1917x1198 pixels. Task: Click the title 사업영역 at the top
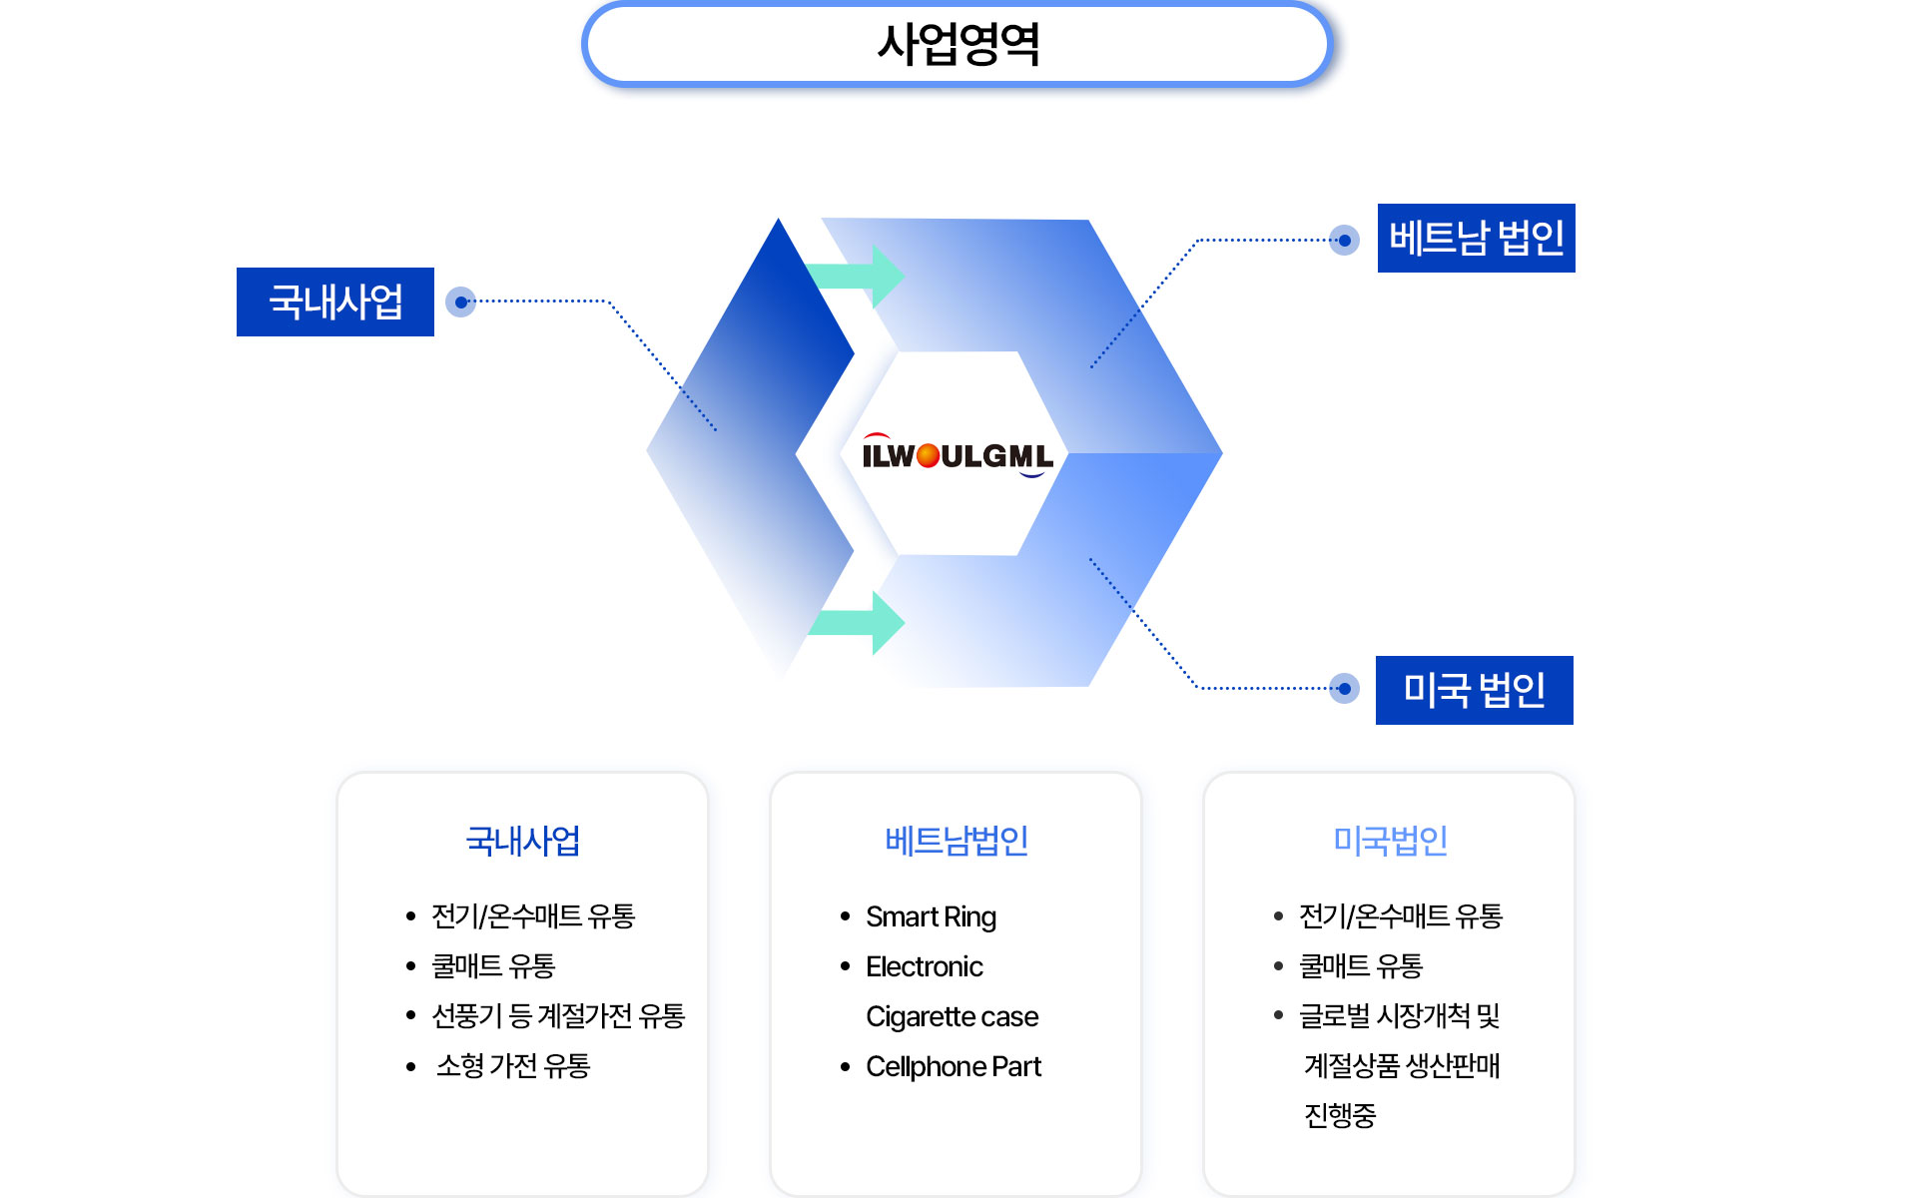click(x=958, y=45)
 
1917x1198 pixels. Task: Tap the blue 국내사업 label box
click(x=335, y=301)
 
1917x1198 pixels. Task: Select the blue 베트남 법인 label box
click(x=1476, y=239)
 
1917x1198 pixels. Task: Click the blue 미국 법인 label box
click(x=1474, y=690)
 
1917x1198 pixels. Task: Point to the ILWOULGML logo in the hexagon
click(x=957, y=456)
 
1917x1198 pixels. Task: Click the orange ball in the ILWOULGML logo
click(x=928, y=456)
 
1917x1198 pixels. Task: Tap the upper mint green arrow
click(x=859, y=276)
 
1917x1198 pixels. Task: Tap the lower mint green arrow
click(x=859, y=622)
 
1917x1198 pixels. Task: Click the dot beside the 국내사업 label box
click(x=460, y=301)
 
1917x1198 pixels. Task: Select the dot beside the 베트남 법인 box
click(x=1345, y=240)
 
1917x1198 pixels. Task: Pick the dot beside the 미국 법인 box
click(x=1345, y=689)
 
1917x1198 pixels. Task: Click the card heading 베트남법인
click(x=957, y=841)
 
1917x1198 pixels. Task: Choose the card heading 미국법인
click(x=1390, y=841)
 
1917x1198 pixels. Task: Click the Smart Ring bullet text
click(x=931, y=916)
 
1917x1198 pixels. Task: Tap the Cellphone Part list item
click(x=953, y=1066)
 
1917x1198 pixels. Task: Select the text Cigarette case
click(x=952, y=1016)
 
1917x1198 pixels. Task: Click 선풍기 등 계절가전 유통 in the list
click(x=557, y=1016)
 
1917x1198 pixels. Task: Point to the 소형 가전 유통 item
click(x=513, y=1066)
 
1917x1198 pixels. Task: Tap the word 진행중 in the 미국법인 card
click(x=1340, y=1115)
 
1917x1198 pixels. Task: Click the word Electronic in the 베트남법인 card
click(x=924, y=966)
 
